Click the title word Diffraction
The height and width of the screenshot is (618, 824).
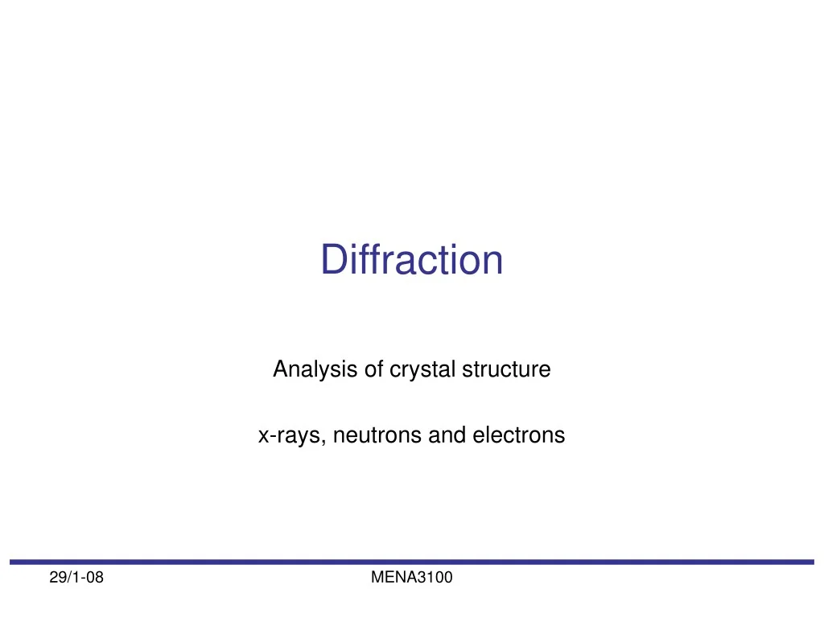coord(412,260)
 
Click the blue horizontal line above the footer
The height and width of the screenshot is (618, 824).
coord(412,562)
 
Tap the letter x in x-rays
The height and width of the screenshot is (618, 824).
coord(263,437)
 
